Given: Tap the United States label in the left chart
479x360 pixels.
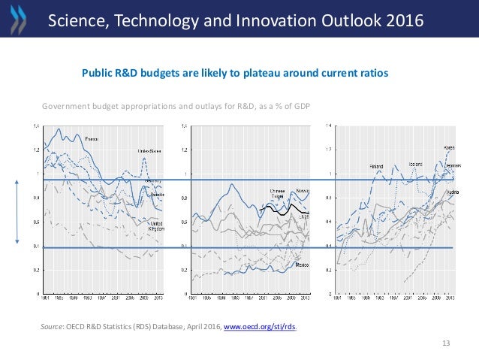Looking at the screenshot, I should coord(151,151).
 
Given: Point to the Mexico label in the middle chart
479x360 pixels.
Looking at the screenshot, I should coord(303,265).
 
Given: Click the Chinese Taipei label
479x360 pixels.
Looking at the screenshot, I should coord(278,194).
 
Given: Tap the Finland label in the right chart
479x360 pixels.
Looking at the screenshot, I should coord(377,165).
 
